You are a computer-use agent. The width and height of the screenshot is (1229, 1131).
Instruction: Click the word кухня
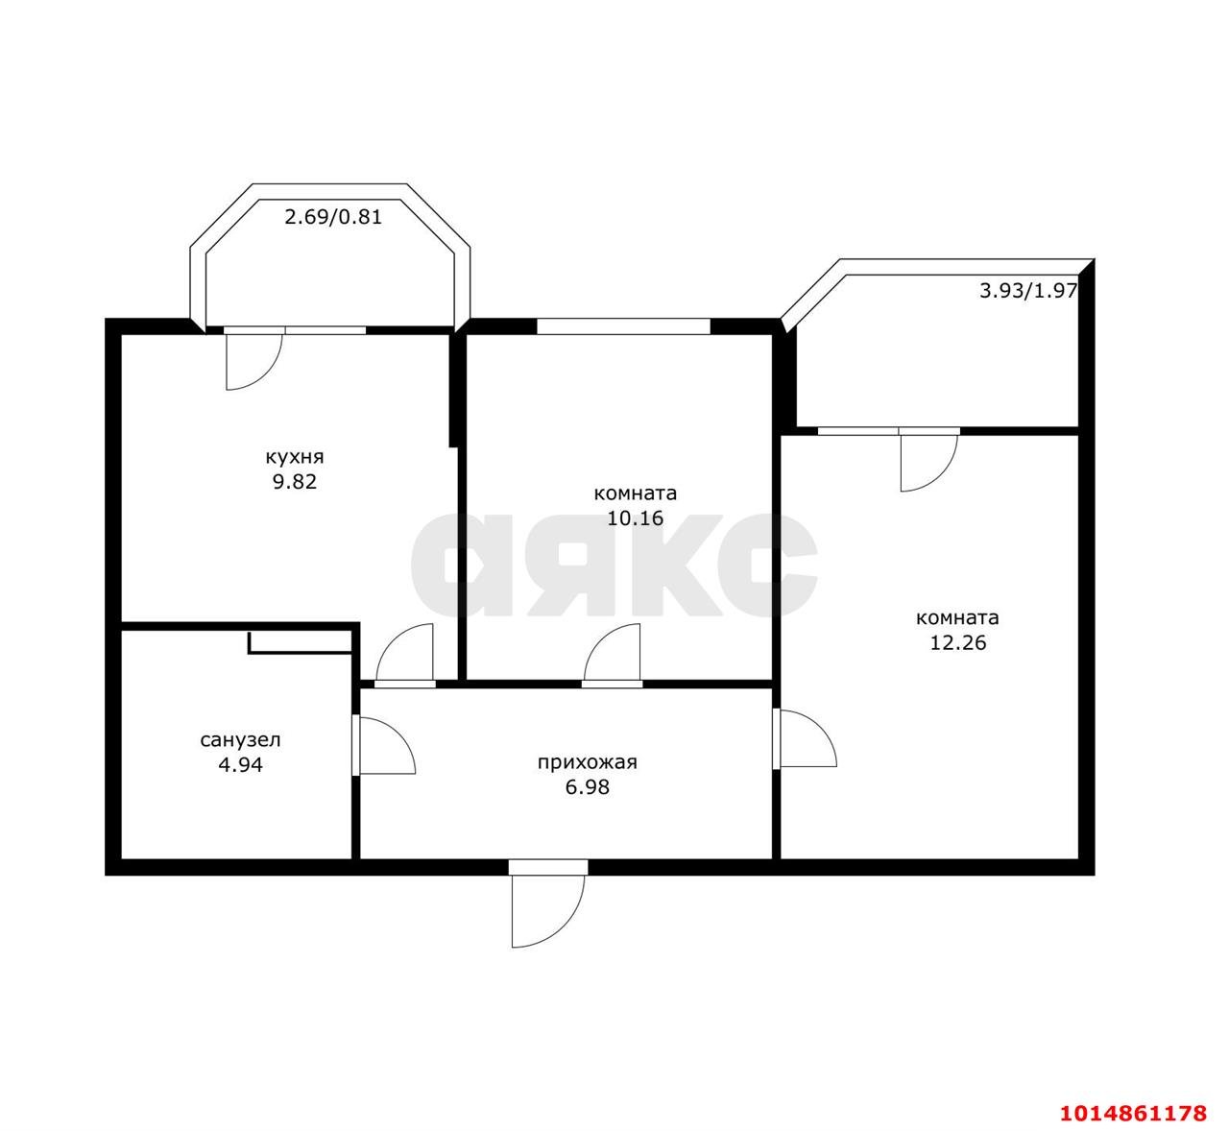pyautogui.click(x=294, y=458)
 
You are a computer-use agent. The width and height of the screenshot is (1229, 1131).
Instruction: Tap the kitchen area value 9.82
pyautogui.click(x=295, y=482)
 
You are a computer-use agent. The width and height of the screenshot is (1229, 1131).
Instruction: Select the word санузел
pyautogui.click(x=240, y=740)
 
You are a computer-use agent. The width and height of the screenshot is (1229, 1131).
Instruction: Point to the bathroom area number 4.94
pyautogui.click(x=240, y=764)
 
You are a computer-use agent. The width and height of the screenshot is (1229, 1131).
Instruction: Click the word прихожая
pyautogui.click(x=587, y=762)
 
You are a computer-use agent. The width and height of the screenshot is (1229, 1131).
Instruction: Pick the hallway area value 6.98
pyautogui.click(x=587, y=787)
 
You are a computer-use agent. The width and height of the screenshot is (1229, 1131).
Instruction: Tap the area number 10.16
pyautogui.click(x=635, y=518)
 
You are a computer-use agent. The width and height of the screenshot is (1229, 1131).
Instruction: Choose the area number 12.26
pyautogui.click(x=958, y=642)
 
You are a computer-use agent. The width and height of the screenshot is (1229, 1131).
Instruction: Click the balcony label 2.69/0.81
pyautogui.click(x=332, y=217)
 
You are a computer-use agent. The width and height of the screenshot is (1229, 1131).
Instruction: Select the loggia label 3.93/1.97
pyautogui.click(x=1028, y=290)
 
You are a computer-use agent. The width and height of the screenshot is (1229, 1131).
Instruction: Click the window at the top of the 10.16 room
pyautogui.click(x=623, y=325)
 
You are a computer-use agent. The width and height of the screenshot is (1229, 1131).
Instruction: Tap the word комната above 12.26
pyautogui.click(x=957, y=617)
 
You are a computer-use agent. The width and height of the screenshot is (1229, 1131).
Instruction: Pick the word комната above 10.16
pyautogui.click(x=635, y=493)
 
